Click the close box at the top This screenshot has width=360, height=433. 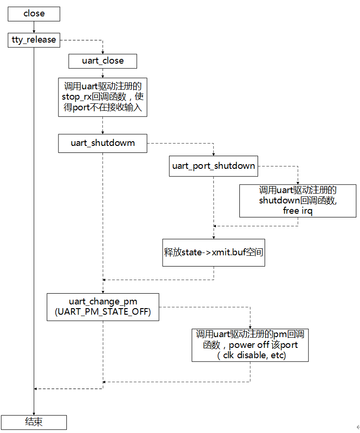34,14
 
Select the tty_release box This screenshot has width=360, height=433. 34,40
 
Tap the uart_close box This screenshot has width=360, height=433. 102,61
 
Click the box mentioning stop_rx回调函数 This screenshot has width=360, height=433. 102,97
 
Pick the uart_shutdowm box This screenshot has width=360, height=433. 102,143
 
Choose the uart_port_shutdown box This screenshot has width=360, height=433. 214,166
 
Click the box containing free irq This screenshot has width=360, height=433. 298,200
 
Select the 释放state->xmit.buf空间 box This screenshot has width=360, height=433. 214,253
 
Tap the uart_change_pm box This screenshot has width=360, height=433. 102,307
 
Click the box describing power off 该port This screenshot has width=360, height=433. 250,345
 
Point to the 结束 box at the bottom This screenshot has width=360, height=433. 34,422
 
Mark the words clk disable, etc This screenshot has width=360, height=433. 252,355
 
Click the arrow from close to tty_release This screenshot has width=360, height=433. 34,27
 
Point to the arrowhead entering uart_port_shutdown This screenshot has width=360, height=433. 214,155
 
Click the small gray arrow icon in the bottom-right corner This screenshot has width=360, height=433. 357,427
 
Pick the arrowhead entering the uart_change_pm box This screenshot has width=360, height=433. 102,291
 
